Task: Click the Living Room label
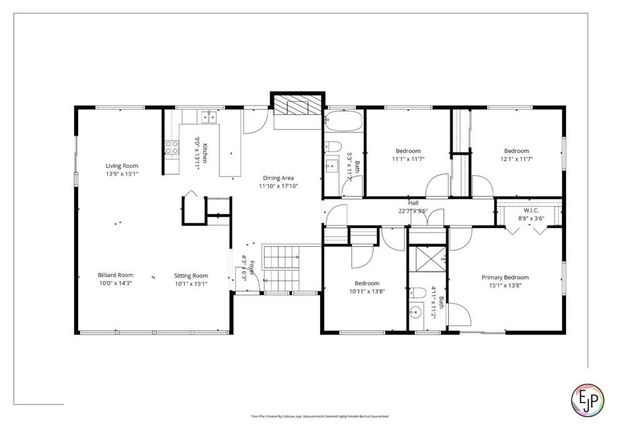tap(123, 166)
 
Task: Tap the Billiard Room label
tap(115, 274)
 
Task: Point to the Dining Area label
tap(280, 177)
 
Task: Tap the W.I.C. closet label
tap(530, 210)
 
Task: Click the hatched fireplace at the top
tap(298, 107)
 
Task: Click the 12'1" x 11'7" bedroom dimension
tap(516, 158)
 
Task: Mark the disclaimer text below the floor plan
tap(320, 414)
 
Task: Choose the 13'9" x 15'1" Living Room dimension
tap(123, 174)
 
